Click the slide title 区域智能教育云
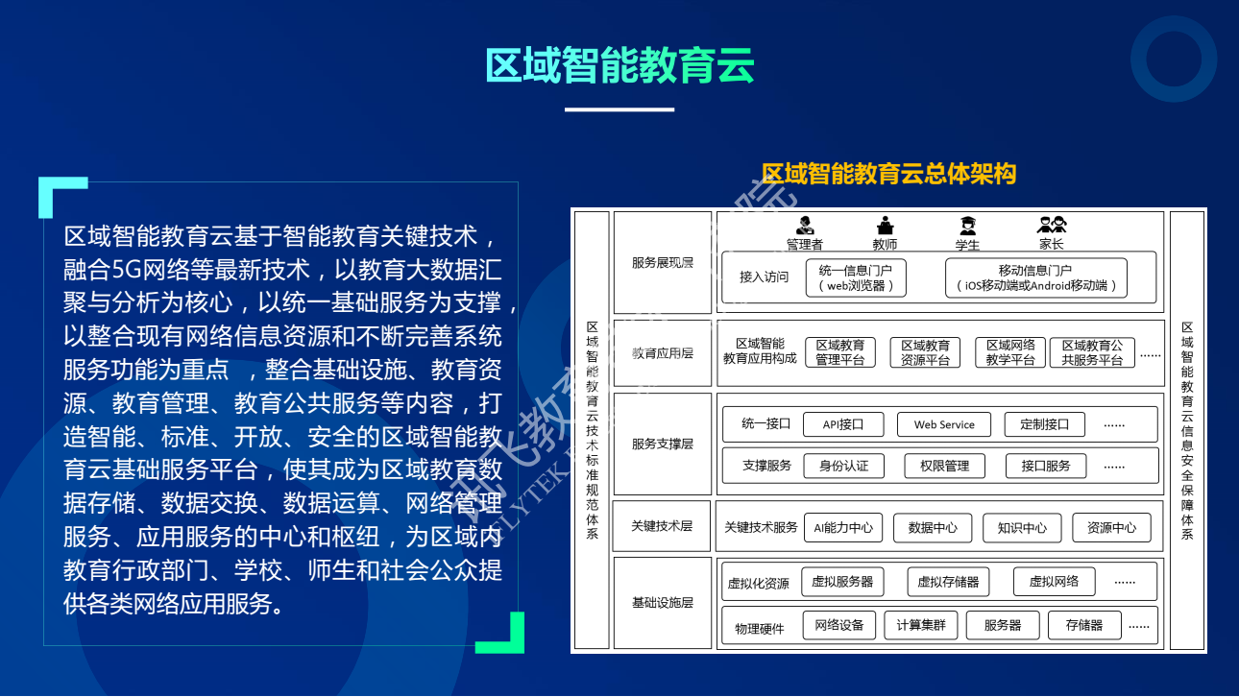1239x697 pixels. click(x=619, y=64)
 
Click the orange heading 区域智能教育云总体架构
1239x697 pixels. click(x=888, y=174)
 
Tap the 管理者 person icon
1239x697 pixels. click(x=804, y=226)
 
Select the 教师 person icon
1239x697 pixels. click(x=885, y=226)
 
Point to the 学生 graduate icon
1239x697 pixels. click(x=967, y=226)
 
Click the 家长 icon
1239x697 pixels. click(x=1052, y=226)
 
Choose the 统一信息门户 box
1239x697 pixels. click(x=855, y=277)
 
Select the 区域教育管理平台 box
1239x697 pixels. click(x=840, y=352)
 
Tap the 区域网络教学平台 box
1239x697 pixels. click(x=1010, y=352)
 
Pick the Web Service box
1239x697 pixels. click(x=943, y=424)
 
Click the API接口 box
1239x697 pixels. click(x=843, y=424)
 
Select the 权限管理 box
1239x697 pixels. click(x=944, y=466)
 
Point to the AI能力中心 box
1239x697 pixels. click(x=843, y=527)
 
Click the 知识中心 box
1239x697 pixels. click(x=1022, y=527)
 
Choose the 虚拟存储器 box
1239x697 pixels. click(x=948, y=582)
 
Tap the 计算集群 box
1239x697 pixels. click(x=921, y=625)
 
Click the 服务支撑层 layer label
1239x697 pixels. click(x=662, y=445)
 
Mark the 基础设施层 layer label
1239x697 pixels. click(x=662, y=603)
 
